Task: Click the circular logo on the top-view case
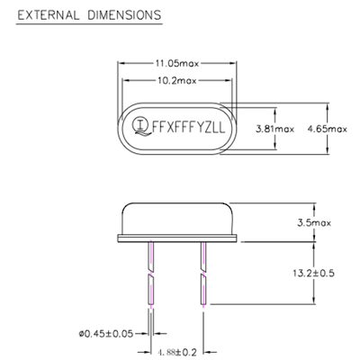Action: (141, 126)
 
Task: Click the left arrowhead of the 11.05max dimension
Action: (122, 63)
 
